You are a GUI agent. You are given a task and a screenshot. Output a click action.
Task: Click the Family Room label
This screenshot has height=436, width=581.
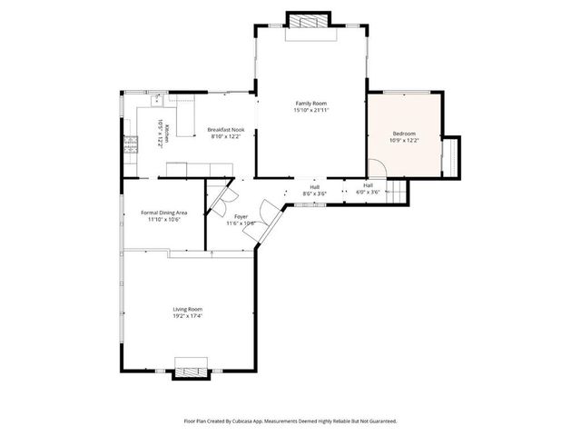pyautogui.click(x=310, y=104)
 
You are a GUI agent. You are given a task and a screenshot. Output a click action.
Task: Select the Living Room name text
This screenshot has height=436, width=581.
pyautogui.click(x=187, y=310)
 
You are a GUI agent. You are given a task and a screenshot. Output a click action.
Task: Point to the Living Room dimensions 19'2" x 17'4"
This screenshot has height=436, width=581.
pyautogui.click(x=187, y=317)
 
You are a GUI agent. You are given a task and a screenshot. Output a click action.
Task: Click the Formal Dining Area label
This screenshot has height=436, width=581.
pyautogui.click(x=163, y=213)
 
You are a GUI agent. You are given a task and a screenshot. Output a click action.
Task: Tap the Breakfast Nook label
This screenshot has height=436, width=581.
pyautogui.click(x=226, y=130)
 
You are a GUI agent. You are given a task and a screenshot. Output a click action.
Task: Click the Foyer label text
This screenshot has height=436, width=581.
pyautogui.click(x=241, y=216)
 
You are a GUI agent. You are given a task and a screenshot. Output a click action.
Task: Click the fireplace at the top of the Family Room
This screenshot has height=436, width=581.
pyautogui.click(x=311, y=21)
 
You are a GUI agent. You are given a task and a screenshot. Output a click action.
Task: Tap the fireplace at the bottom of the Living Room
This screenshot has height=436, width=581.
pyautogui.click(x=191, y=370)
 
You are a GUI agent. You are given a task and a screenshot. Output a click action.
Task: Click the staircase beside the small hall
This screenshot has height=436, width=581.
pyautogui.click(x=396, y=191)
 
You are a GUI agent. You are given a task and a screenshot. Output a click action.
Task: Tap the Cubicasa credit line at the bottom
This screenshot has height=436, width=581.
pyautogui.click(x=290, y=421)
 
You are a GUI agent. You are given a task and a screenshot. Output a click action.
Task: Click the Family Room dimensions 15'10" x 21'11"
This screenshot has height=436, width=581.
pyautogui.click(x=310, y=110)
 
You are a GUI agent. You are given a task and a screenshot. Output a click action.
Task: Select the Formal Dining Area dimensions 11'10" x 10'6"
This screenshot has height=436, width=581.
pyautogui.click(x=163, y=219)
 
